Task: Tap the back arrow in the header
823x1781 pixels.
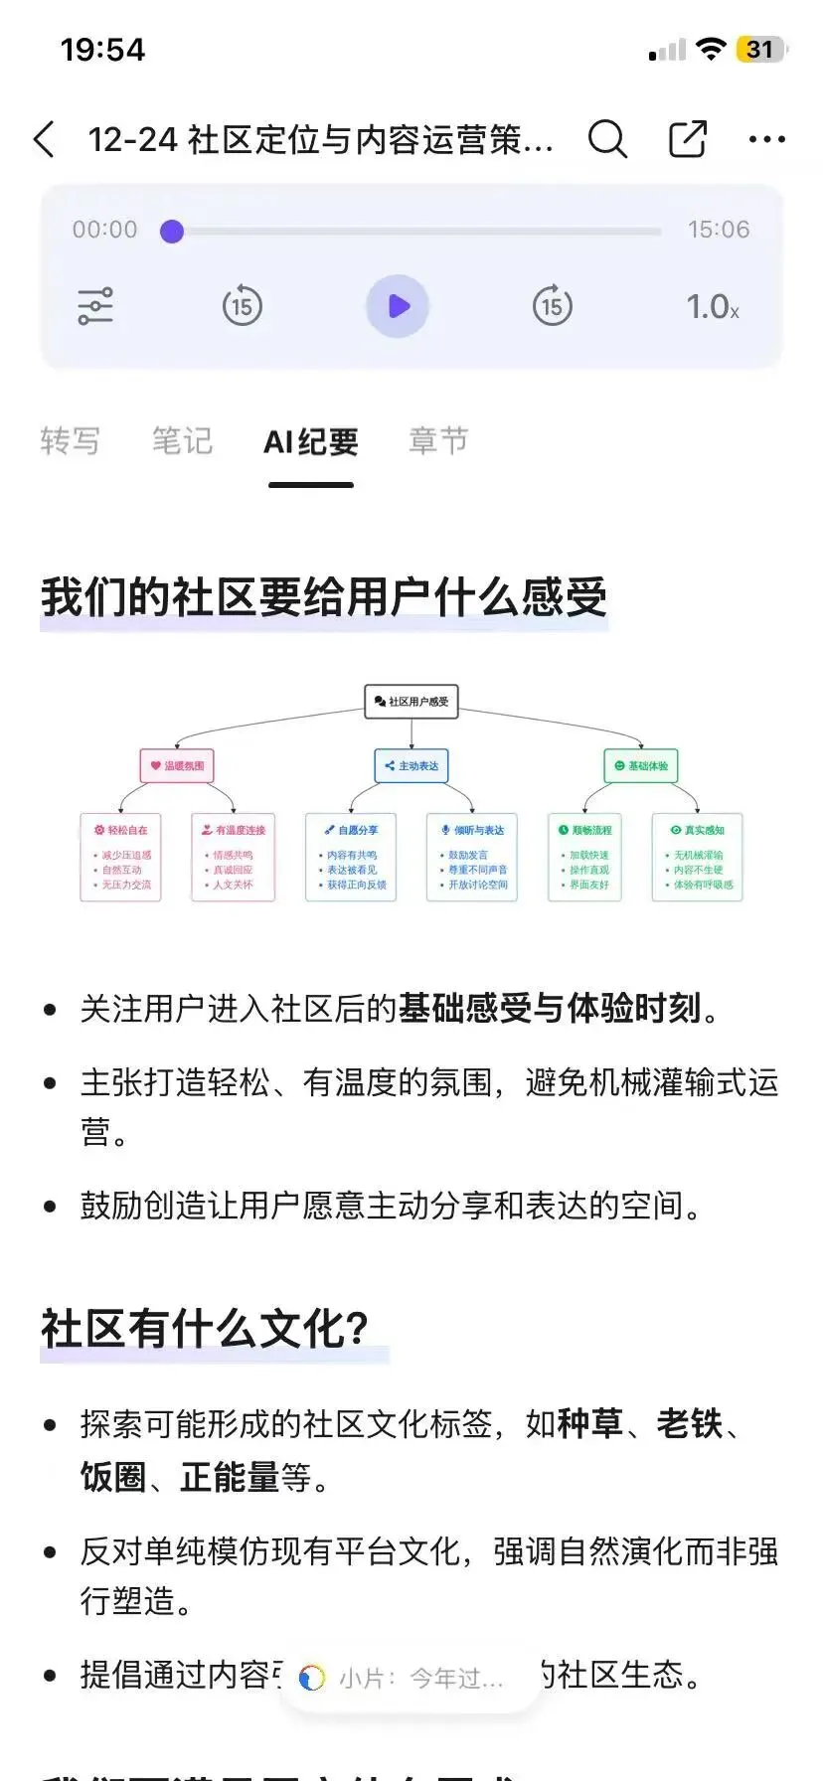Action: [45, 139]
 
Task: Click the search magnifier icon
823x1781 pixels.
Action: [607, 139]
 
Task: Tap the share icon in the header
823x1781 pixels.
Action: [687, 139]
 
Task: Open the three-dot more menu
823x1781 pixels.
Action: [766, 139]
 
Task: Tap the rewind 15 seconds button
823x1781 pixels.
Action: [242, 306]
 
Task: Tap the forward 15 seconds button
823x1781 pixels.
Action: [552, 306]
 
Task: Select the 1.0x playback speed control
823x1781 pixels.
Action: [713, 306]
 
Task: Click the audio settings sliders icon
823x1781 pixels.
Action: [95, 306]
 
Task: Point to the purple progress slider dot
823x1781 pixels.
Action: [172, 232]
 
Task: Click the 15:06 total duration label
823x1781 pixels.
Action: [719, 230]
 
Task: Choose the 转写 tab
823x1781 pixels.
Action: [70, 440]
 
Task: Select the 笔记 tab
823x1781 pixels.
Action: [182, 440]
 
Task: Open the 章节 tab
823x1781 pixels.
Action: [438, 440]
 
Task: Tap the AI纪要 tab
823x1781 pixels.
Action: [310, 442]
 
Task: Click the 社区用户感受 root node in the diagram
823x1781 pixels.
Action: [411, 701]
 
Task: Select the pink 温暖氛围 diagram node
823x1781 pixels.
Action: [178, 766]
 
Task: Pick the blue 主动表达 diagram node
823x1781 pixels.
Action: [411, 766]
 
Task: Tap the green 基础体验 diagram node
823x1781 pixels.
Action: [641, 766]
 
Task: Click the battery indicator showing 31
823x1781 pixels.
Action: [760, 49]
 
